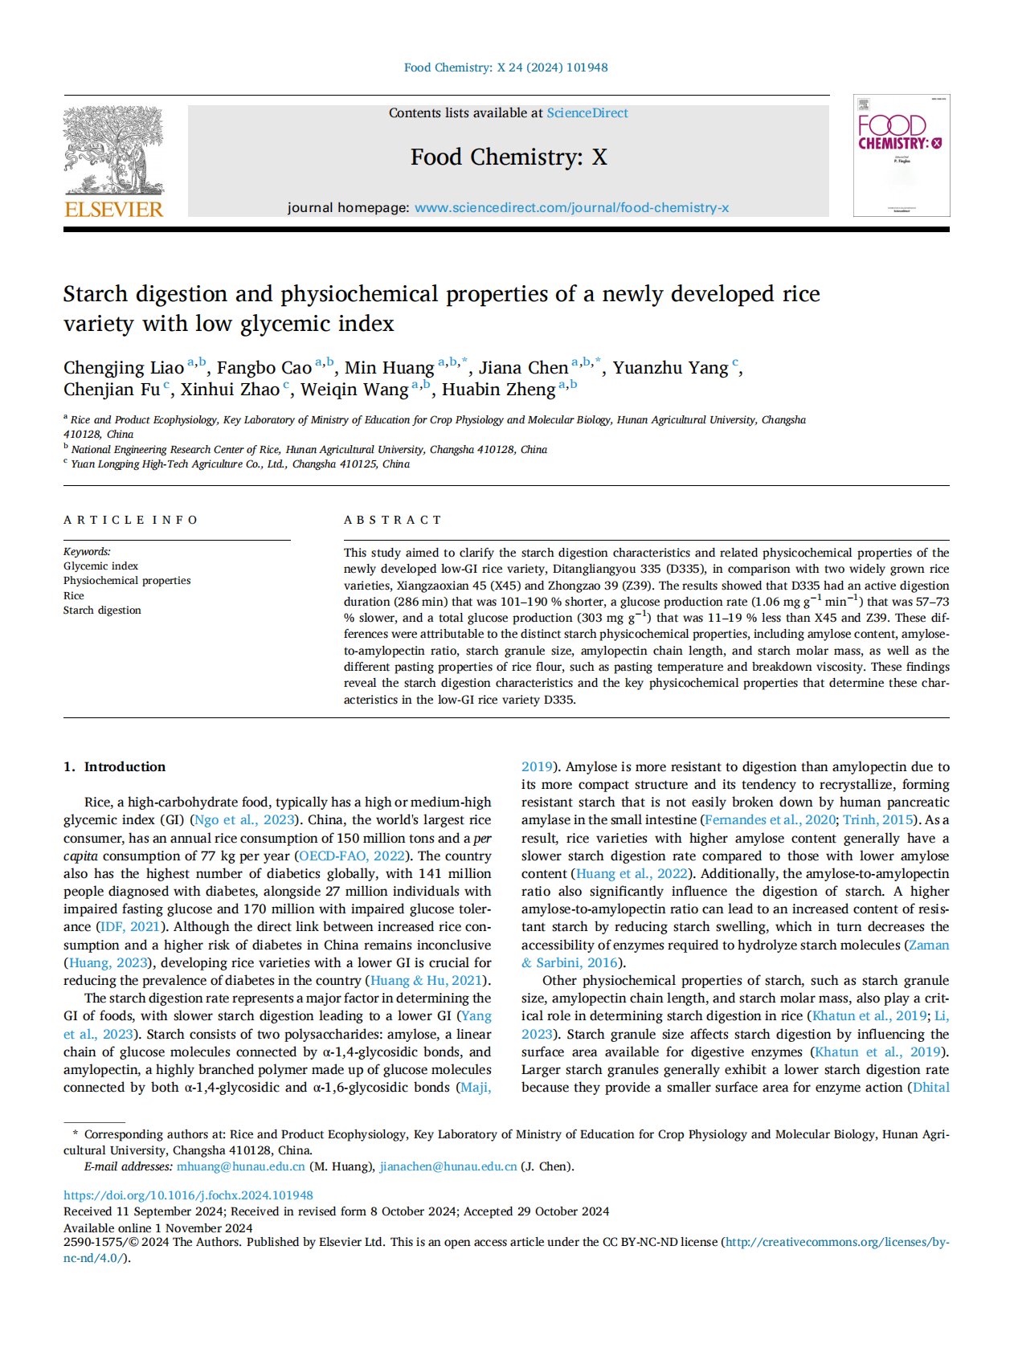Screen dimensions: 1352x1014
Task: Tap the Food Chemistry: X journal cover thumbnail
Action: [x=901, y=155]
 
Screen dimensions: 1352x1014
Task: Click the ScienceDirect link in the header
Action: [x=587, y=113]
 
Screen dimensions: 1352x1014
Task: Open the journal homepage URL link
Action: [x=571, y=208]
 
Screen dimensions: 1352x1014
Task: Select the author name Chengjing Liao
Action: [x=124, y=368]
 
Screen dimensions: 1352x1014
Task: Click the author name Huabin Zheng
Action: [x=498, y=390]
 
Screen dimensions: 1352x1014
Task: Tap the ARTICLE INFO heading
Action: [x=130, y=520]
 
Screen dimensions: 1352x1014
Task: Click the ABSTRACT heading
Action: [x=392, y=520]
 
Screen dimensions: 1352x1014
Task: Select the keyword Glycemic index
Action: [x=100, y=566]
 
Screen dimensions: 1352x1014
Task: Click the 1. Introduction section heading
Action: [x=114, y=767]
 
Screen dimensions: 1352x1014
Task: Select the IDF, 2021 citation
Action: [x=129, y=927]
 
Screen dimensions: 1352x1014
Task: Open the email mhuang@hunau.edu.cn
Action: [x=241, y=1166]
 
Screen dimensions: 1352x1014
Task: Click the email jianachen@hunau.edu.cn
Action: [x=448, y=1166]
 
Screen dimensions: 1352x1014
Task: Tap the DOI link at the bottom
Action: [x=188, y=1195]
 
